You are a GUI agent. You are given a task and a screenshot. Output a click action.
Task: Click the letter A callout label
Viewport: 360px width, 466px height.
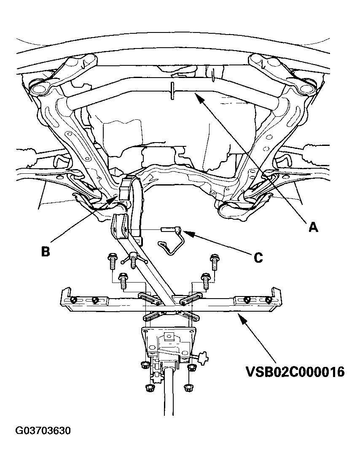(313, 227)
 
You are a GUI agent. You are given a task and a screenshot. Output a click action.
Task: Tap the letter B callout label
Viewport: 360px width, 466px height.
(46, 251)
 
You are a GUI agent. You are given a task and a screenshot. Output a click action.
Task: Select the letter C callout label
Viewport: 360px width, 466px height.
(258, 257)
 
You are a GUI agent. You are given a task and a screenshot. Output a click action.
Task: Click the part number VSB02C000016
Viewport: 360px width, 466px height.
(295, 372)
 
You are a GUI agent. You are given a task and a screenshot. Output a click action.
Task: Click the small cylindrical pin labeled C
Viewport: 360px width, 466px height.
(171, 230)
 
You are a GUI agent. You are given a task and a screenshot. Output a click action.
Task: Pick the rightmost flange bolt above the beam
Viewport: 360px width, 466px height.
(214, 261)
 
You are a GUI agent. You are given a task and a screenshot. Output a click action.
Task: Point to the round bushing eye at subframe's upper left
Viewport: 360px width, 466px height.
(38, 89)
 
